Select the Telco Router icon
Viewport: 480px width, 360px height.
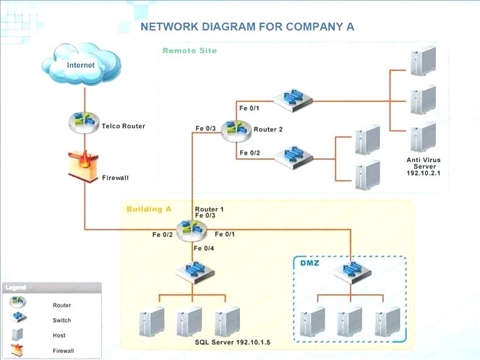[85, 123]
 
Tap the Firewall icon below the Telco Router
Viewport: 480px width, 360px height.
[83, 166]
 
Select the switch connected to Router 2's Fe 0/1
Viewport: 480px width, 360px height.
[291, 100]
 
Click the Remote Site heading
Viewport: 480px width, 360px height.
[189, 51]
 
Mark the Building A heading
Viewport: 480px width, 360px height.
[149, 209]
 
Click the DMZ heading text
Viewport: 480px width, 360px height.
[310, 262]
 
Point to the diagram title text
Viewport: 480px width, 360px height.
[247, 27]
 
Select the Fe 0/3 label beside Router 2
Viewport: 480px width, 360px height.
[205, 129]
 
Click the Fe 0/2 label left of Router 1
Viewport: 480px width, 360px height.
[163, 234]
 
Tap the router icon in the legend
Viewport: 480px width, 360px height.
[19, 303]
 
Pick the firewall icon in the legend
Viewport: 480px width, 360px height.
[18, 350]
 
